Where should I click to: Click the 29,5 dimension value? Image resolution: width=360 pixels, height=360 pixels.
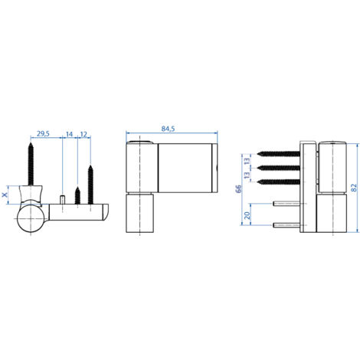pos(43,133)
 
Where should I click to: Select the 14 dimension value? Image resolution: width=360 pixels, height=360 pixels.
pos(70,134)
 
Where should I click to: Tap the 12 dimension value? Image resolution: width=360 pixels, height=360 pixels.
pos(83,134)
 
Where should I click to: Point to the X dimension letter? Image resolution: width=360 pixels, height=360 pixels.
pos(5,195)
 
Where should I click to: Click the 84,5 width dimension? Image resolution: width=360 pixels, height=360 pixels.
pos(168,129)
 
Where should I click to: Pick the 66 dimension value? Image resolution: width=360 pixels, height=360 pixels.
pos(238,189)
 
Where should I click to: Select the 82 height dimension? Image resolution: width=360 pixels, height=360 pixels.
pos(354,188)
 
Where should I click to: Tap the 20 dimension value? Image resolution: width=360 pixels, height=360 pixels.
pos(247,215)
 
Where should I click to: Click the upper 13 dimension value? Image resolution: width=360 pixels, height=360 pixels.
pos(247,161)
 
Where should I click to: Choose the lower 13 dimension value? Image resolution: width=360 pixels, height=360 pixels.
pos(247,175)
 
